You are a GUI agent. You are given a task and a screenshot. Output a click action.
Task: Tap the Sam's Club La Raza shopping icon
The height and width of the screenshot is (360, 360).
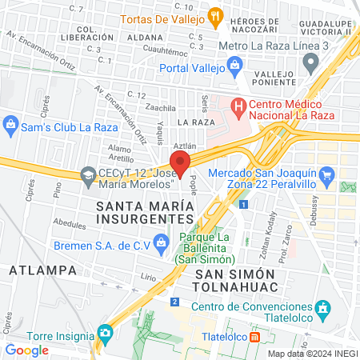tap(11, 124)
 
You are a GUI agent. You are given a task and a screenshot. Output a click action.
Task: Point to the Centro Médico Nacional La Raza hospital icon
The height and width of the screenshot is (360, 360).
tap(238, 105)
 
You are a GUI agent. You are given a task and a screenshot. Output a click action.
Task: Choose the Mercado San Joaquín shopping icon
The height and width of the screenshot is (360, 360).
tap(326, 174)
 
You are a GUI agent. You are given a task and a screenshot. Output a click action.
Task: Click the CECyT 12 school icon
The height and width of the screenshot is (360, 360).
tap(86, 174)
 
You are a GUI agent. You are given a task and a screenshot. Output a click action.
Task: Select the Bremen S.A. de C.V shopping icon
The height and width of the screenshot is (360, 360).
tap(162, 241)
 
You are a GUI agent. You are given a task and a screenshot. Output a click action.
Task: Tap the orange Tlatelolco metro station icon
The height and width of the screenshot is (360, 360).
tap(255, 337)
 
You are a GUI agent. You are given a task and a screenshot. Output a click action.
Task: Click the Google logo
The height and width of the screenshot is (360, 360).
tap(26, 350)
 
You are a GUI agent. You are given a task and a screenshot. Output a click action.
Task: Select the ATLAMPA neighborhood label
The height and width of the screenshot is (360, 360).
tap(43, 270)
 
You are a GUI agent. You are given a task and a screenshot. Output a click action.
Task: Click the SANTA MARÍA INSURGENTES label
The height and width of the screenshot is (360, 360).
tap(145, 212)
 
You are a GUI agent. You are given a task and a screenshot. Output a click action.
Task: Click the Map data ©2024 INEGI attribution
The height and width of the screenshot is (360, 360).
tap(311, 354)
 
